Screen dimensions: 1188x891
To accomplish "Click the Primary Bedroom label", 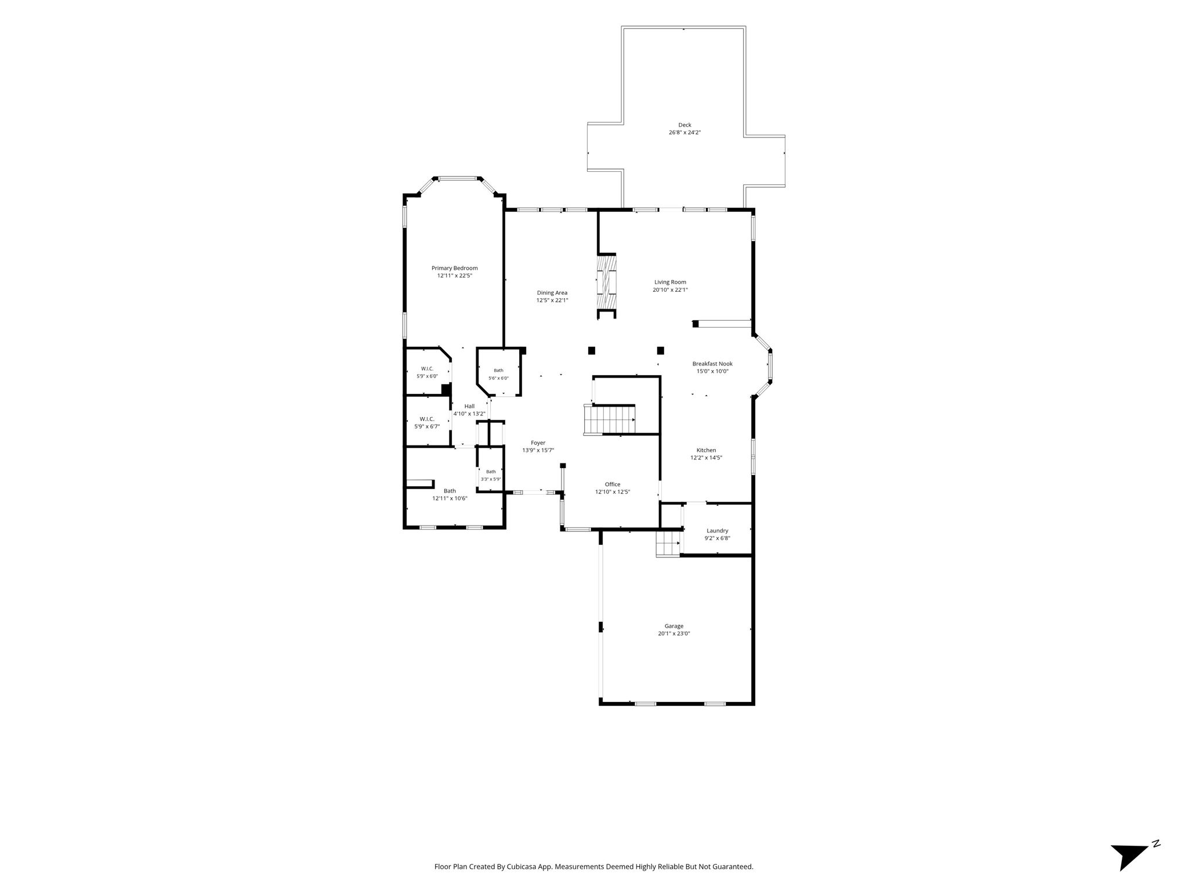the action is click(455, 268).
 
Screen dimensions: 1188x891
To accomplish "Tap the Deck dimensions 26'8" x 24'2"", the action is click(685, 132).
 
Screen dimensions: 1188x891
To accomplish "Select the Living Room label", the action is click(670, 282).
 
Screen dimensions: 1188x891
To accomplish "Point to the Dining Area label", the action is click(552, 293).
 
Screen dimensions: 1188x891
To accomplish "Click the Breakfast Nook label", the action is click(712, 364).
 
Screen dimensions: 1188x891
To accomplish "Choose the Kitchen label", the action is click(706, 450).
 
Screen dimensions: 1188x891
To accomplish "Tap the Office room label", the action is click(613, 484).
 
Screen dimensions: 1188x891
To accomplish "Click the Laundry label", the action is click(718, 531).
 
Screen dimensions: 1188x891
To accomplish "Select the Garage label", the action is click(674, 626).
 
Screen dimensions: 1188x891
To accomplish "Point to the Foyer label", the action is click(538, 443).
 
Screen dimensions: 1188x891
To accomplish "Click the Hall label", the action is click(469, 406).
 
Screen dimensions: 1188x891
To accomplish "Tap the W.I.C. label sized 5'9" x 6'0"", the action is click(427, 369).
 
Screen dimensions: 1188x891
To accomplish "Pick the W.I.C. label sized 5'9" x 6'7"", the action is click(427, 419).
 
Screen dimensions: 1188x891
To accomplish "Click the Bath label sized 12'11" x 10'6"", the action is click(450, 491).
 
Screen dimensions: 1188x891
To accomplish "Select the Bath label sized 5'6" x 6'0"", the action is click(499, 371).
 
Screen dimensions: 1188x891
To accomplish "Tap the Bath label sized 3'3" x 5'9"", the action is click(491, 472).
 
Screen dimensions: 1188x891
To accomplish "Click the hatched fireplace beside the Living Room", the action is click(607, 284).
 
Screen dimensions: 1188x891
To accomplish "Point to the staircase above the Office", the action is click(610, 419).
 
